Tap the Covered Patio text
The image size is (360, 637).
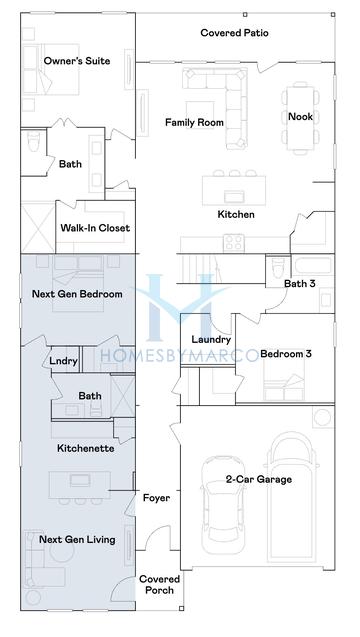coord(234,33)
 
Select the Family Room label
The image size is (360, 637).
coord(194,123)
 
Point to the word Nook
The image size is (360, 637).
coord(301,117)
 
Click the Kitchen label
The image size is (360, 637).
coord(236,215)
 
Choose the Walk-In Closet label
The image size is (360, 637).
coord(95,228)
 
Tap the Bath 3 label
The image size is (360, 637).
coord(299,283)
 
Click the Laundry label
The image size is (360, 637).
coord(211,339)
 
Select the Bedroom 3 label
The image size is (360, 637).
coord(286,354)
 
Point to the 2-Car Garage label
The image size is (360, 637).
coord(258,480)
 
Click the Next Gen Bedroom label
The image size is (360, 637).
coord(77,294)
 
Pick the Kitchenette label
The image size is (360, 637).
coord(85,448)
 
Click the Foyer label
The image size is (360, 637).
coord(156,497)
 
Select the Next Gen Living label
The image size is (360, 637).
coord(77,540)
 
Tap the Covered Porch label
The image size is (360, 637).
coord(158,584)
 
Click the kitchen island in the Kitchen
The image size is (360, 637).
coord(236,187)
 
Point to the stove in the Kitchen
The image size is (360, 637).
coord(236,241)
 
